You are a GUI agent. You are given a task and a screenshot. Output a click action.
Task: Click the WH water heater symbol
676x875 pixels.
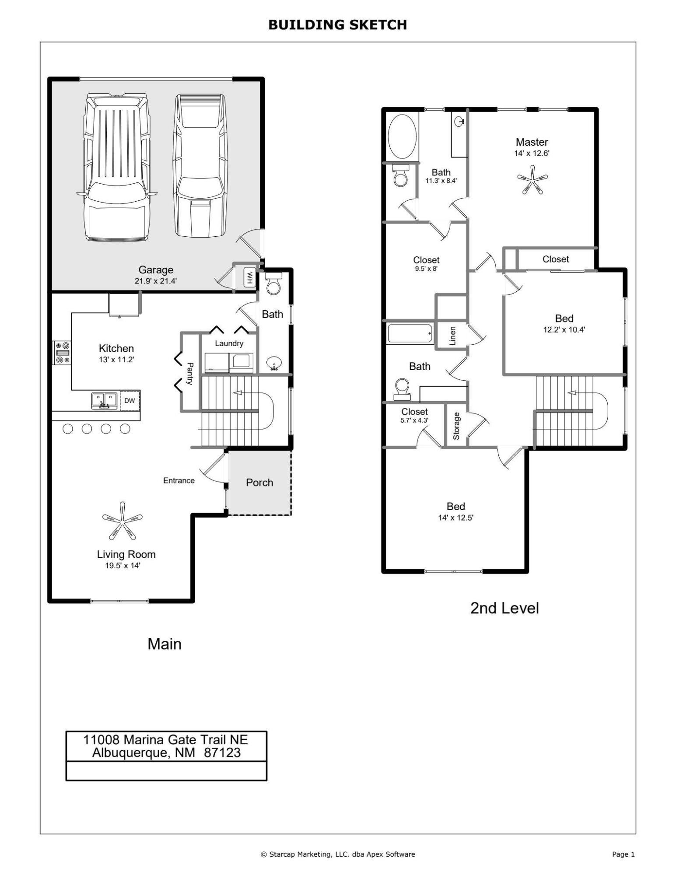click(x=249, y=277)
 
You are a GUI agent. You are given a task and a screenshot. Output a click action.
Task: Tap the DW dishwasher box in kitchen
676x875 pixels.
click(x=130, y=400)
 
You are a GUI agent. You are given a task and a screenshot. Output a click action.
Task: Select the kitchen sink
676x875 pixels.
click(x=104, y=400)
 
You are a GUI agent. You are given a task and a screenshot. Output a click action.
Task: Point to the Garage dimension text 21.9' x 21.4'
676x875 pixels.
click(x=155, y=281)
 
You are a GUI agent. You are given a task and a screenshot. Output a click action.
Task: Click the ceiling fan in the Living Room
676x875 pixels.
click(x=122, y=520)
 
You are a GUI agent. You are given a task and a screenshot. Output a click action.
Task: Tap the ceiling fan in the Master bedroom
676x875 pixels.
click(x=532, y=179)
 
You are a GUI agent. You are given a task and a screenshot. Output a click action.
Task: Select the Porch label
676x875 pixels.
click(x=259, y=483)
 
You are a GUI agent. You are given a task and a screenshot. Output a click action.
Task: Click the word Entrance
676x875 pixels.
click(x=179, y=480)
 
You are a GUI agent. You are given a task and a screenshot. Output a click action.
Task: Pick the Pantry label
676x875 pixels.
click(x=190, y=373)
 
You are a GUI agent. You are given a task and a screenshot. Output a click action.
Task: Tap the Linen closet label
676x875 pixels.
click(x=452, y=336)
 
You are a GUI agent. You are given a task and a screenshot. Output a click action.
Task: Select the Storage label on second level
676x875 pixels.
click(x=456, y=426)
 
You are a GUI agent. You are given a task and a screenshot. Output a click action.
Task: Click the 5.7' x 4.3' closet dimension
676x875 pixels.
click(x=414, y=420)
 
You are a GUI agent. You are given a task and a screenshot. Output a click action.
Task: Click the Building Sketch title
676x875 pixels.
click(x=337, y=25)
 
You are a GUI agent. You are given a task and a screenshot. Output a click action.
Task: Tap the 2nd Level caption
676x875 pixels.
click(x=504, y=608)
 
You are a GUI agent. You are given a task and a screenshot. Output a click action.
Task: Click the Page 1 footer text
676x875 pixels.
click(x=623, y=854)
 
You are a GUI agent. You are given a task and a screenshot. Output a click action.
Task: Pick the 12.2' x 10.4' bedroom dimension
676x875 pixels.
click(x=564, y=330)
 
